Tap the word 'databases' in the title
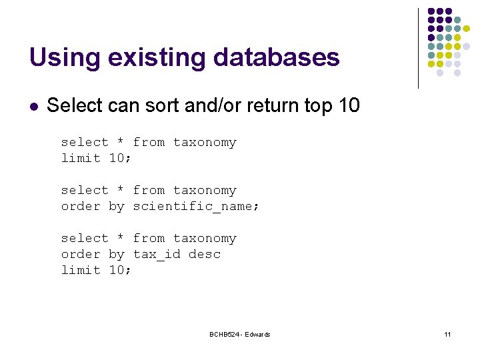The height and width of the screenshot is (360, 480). point(277,57)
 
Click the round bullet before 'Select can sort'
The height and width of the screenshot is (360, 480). point(34,105)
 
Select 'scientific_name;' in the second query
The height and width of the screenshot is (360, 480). point(196,206)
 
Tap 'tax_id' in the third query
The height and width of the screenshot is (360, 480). point(157,254)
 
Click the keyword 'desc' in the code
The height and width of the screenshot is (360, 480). point(205,254)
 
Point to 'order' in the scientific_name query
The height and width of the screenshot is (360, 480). point(81,206)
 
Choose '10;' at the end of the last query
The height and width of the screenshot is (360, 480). point(120,270)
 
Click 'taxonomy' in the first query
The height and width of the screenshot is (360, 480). point(205,142)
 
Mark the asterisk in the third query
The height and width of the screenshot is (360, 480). point(121,239)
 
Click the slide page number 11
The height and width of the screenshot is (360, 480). point(447,334)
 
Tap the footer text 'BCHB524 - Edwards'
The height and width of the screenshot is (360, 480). point(239,334)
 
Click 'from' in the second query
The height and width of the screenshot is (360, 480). point(149,190)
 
